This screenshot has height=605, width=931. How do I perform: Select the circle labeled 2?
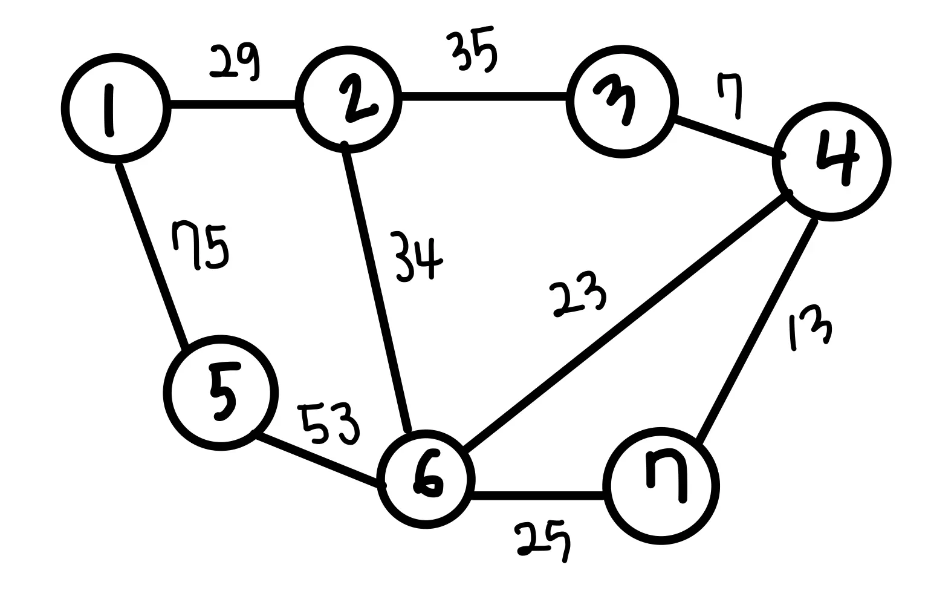[x=349, y=100]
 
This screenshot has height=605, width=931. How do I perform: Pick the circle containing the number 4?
[x=832, y=161]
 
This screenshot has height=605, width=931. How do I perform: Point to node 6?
[x=424, y=480]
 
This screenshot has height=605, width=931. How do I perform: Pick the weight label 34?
[x=417, y=258]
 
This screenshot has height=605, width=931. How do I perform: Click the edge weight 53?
[x=329, y=422]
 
